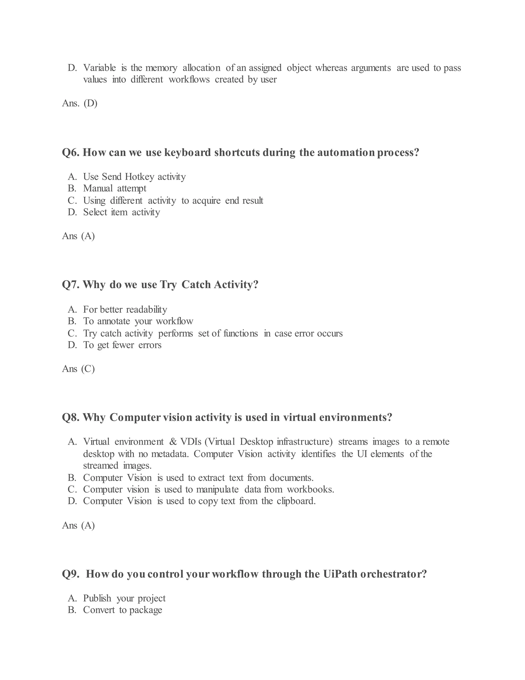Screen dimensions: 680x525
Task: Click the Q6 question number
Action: (71, 153)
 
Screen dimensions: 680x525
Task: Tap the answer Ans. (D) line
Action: (80, 103)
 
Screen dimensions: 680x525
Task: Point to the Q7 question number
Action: (71, 285)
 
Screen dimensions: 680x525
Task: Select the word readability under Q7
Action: (146, 309)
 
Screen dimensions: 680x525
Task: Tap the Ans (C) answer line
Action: (78, 369)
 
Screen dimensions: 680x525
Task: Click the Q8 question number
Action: (71, 417)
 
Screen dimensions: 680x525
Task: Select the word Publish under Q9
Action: (97, 598)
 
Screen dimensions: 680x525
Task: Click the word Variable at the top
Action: (99, 68)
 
